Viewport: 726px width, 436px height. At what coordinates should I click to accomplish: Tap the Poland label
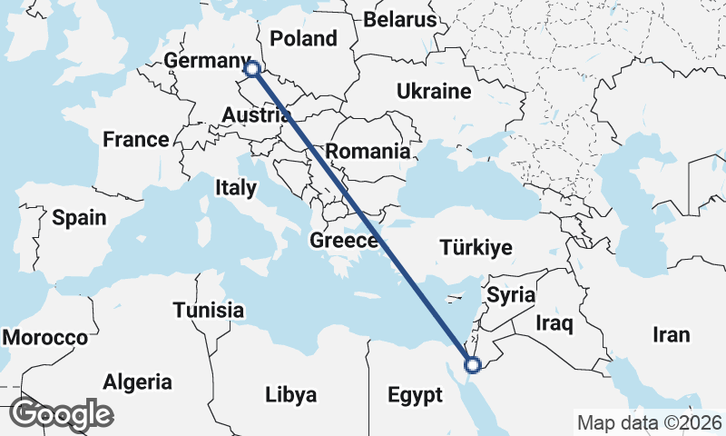pos(303,38)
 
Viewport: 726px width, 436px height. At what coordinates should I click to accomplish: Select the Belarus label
pos(400,19)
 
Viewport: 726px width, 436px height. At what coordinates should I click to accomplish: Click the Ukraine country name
pos(433,91)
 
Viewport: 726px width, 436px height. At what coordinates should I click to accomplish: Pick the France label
pos(135,140)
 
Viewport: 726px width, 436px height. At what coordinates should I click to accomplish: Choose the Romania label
pos(368,151)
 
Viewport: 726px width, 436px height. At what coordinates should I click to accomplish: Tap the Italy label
pos(236,188)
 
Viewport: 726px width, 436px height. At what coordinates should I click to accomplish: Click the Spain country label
pos(79,218)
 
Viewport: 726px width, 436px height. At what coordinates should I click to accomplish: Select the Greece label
pos(344,241)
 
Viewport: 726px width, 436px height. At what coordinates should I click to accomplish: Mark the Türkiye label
pos(476,247)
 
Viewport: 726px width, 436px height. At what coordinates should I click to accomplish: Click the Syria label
pos(511,295)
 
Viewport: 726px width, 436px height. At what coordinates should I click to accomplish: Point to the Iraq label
pos(554,322)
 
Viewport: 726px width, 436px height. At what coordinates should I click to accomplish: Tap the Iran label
pos(671,334)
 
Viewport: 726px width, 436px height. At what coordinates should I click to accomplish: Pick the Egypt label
pos(415,396)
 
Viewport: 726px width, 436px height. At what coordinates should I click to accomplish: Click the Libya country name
pos(291,395)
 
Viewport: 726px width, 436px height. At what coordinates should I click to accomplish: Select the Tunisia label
pos(209,310)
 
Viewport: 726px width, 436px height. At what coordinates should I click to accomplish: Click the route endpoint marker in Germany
pos(252,68)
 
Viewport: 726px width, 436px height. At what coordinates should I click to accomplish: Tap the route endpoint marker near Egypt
pos(472,365)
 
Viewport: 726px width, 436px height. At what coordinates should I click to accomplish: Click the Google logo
pos(61,413)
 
